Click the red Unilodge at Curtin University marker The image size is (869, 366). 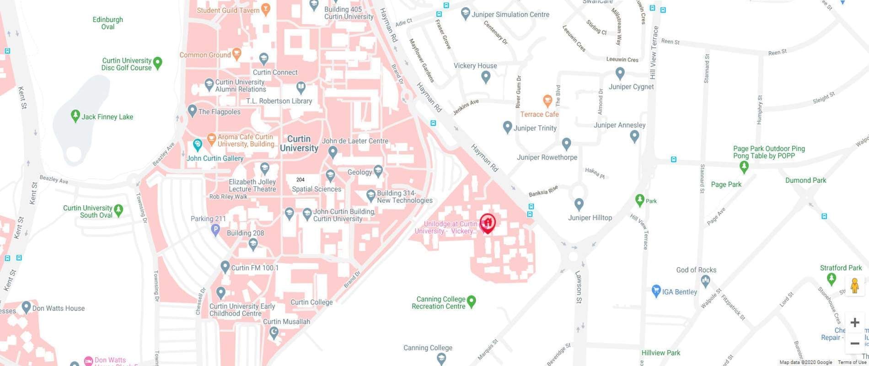488,223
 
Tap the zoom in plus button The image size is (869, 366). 854,323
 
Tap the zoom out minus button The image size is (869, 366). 854,343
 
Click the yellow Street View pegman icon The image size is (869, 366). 854,286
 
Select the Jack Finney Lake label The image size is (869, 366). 107,117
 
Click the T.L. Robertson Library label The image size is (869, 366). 279,101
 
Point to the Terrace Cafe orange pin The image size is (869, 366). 547,101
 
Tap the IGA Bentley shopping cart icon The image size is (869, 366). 656,291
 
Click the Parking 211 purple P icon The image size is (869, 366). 216,230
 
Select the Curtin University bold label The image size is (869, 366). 299,144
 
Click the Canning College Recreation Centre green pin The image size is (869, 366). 472,301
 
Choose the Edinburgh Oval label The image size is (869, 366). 107,23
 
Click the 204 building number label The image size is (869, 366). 300,180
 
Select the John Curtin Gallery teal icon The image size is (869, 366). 198,145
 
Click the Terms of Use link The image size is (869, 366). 852,362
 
